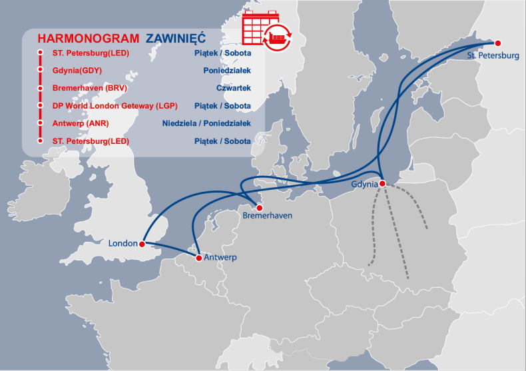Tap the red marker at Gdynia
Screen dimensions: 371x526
[x=382, y=184]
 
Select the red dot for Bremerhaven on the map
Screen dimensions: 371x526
[x=260, y=208]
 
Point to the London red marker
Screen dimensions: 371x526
[x=142, y=244]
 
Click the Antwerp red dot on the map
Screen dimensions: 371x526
[x=198, y=257]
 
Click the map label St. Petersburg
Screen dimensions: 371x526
[x=493, y=56]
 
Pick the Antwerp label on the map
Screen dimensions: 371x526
[x=220, y=258]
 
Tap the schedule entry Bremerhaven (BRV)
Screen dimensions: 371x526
[x=89, y=88]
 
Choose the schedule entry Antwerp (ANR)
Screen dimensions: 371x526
[x=80, y=123]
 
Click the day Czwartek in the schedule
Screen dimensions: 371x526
[x=234, y=88]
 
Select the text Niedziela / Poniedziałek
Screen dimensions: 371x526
[x=206, y=123]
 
